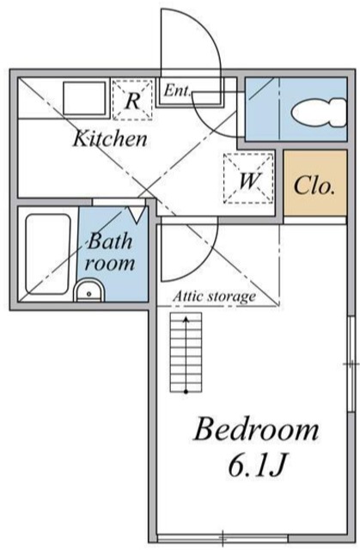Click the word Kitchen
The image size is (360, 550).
click(109, 137)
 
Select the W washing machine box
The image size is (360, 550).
click(249, 180)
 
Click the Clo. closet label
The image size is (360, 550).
click(315, 186)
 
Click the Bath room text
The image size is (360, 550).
click(109, 254)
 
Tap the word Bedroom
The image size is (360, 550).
click(254, 429)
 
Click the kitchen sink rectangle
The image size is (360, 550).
click(84, 100)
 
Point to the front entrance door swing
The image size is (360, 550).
click(191, 43)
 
